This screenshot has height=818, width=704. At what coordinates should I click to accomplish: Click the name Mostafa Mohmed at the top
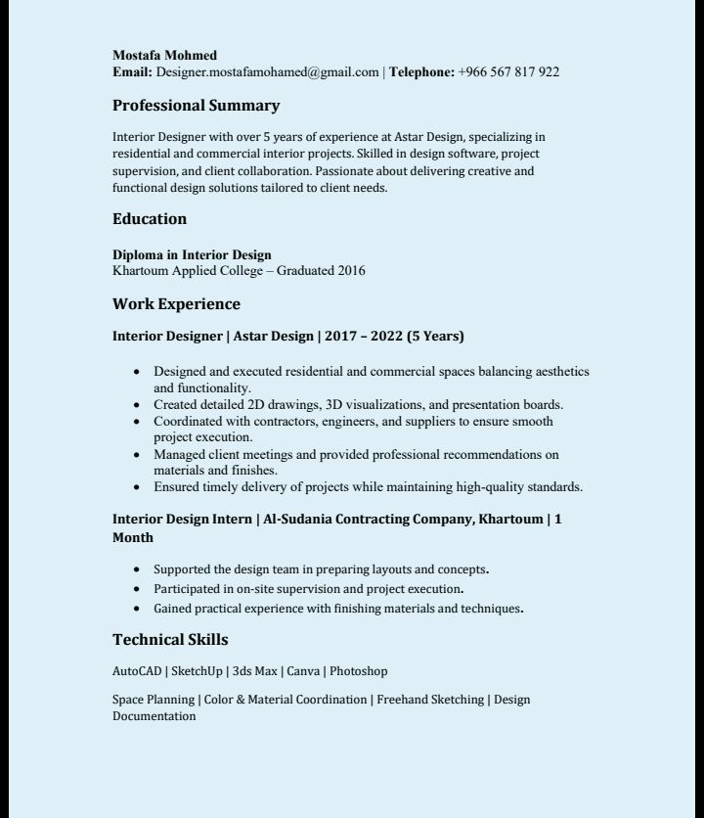pyautogui.click(x=164, y=55)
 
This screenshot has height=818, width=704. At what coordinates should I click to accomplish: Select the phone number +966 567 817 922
pyautogui.click(x=508, y=71)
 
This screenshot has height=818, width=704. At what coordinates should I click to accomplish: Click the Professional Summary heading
pyautogui.click(x=196, y=106)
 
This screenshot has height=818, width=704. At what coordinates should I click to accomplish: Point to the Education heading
pyautogui.click(x=149, y=219)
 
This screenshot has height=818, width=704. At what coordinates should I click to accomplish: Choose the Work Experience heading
pyautogui.click(x=176, y=304)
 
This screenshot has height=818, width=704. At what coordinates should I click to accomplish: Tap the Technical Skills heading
pyautogui.click(x=170, y=640)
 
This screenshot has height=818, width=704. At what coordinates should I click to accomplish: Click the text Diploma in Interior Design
pyautogui.click(x=192, y=255)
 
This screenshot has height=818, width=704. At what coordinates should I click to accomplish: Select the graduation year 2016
pyautogui.click(x=351, y=271)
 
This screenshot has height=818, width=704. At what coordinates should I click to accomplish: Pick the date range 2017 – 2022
pyautogui.click(x=364, y=337)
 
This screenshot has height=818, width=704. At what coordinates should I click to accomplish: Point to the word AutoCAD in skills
pyautogui.click(x=136, y=671)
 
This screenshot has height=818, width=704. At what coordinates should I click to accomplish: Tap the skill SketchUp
pyautogui.click(x=197, y=671)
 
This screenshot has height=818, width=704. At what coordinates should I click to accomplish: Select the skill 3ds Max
pyautogui.click(x=254, y=671)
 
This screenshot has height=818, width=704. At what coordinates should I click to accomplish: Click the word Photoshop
pyautogui.click(x=358, y=671)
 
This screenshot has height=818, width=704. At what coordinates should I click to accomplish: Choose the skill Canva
pyautogui.click(x=303, y=671)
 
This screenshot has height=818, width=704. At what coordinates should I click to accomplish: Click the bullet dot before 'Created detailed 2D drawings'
pyautogui.click(x=136, y=405)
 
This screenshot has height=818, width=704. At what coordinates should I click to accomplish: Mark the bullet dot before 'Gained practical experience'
pyautogui.click(x=136, y=609)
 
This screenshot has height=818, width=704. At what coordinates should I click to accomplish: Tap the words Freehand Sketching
pyautogui.click(x=430, y=700)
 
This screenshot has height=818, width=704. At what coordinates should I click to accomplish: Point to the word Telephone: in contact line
pyautogui.click(x=422, y=71)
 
